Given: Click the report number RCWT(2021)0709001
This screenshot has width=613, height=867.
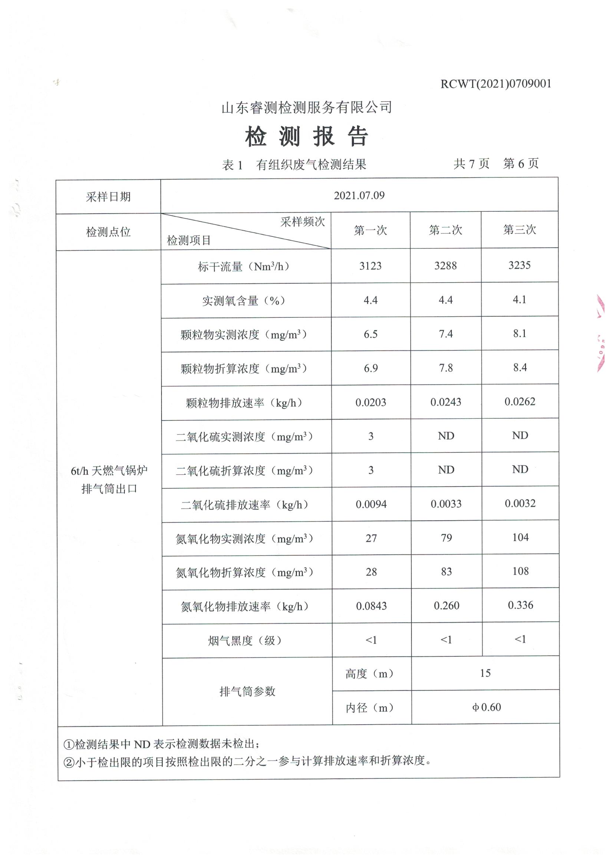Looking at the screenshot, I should point(495,84).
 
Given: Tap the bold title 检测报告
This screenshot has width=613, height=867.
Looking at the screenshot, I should point(306,136).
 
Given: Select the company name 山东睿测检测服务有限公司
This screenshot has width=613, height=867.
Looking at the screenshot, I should point(306,108).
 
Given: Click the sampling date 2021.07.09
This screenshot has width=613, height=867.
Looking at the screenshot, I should point(359,195).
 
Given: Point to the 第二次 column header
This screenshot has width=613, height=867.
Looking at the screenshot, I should point(445,230).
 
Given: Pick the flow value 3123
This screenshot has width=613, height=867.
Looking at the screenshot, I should point(370,266).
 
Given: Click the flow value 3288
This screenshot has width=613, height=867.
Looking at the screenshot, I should point(445,266).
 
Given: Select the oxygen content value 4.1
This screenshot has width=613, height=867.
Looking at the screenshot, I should point(519,300).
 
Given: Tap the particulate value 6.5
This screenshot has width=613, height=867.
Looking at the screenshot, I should point(370,334).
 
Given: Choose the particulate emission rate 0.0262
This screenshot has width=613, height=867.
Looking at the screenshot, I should point(520,401).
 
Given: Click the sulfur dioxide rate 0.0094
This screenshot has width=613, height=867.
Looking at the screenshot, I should point(371,504).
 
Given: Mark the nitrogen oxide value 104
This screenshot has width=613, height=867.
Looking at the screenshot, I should point(520,537).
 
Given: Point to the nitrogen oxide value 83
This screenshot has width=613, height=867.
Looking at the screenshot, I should point(446,572).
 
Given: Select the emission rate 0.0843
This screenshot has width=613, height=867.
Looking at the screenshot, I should point(371,606).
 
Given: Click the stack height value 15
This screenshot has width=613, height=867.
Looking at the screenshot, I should point(485,673).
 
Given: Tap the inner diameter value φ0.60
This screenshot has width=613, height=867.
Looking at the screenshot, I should point(486,707).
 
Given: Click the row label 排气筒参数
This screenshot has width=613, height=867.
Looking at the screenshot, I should point(247,691).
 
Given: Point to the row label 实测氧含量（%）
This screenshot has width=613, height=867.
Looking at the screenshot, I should point(244,301).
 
